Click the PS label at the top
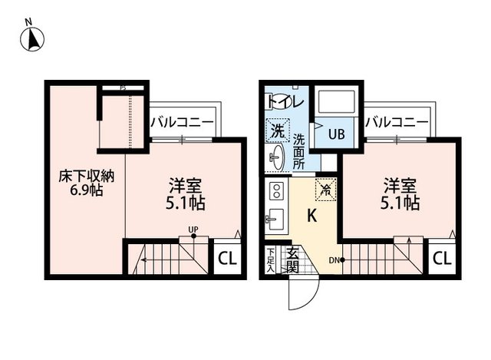pos(123,88)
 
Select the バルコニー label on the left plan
pos(181,121)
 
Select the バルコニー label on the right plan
pos(396,121)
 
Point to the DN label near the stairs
pos(335,259)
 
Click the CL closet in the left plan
pos(227,259)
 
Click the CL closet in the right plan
pos(441,259)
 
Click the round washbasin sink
pos(276,160)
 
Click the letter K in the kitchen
pos(313,216)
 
